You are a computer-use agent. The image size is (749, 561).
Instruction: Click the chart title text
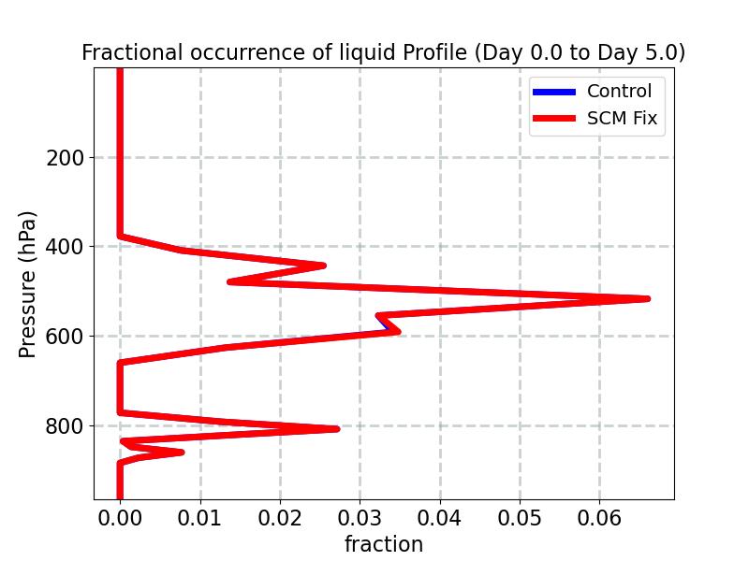click(383, 53)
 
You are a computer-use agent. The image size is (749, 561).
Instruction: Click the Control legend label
click(619, 92)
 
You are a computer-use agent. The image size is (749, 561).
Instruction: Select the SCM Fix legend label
click(622, 119)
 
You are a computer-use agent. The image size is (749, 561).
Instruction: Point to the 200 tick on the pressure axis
click(65, 157)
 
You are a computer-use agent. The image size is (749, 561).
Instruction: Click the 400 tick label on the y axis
click(65, 247)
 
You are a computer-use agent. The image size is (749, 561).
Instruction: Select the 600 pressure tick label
click(65, 337)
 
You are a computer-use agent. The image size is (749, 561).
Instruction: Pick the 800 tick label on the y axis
click(65, 426)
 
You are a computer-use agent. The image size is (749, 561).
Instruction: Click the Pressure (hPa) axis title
click(28, 284)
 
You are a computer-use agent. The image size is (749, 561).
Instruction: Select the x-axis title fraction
click(384, 544)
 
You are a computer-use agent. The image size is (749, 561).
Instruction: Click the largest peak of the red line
click(647, 298)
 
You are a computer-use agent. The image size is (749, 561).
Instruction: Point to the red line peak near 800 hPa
click(336, 428)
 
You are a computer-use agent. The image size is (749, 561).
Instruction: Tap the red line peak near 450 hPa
click(323, 266)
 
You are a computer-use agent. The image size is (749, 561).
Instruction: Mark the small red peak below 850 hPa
click(181, 453)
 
